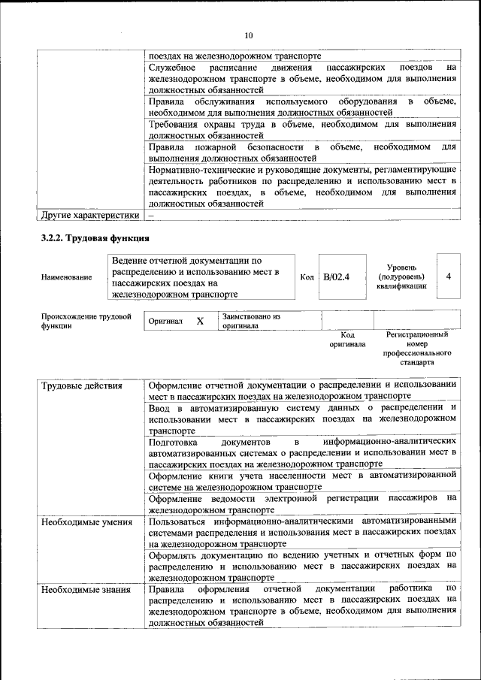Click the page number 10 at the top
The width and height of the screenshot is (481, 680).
[249, 35]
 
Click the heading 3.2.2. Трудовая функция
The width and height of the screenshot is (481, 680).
[95, 239]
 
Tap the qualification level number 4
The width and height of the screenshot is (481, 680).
[448, 276]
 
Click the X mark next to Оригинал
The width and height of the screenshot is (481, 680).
[200, 321]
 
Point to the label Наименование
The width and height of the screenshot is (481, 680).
[67, 277]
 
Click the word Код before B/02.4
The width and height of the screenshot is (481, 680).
[307, 277]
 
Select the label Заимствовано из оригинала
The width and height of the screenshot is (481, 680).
[251, 322]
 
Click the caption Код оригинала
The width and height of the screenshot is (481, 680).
[346, 340]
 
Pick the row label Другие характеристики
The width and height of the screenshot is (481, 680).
[90, 215]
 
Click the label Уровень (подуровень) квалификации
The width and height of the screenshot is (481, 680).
[407, 277]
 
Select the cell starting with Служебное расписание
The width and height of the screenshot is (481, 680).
[302, 78]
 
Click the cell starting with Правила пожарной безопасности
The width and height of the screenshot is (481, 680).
[302, 153]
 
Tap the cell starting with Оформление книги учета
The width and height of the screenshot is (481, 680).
[302, 481]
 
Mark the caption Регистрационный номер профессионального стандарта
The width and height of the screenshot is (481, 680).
[416, 348]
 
